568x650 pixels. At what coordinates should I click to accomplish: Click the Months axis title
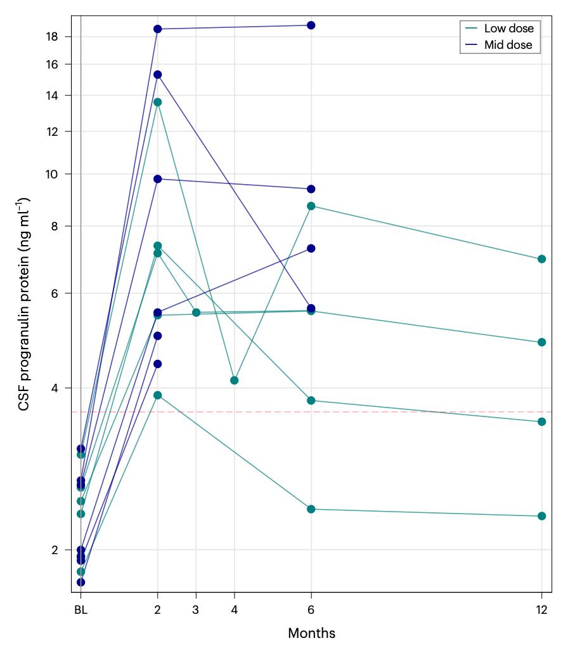[x=311, y=633]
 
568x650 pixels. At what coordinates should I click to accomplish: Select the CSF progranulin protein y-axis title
[x=24, y=303]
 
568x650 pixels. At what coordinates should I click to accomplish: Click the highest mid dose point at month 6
[x=311, y=25]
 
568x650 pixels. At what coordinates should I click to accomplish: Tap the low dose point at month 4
[x=235, y=380]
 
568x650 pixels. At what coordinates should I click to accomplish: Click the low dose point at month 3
[x=196, y=312]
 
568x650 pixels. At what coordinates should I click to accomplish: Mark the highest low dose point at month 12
[x=542, y=259]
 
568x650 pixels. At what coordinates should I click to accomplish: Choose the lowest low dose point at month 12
[x=542, y=516]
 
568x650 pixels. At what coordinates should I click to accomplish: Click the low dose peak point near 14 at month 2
[x=157, y=102]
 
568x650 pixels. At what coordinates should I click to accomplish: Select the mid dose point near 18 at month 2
[x=157, y=29]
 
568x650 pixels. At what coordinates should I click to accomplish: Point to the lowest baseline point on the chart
[x=81, y=582]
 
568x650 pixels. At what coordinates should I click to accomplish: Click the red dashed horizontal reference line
[x=380, y=412]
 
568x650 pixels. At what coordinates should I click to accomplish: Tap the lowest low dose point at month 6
[x=311, y=509]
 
